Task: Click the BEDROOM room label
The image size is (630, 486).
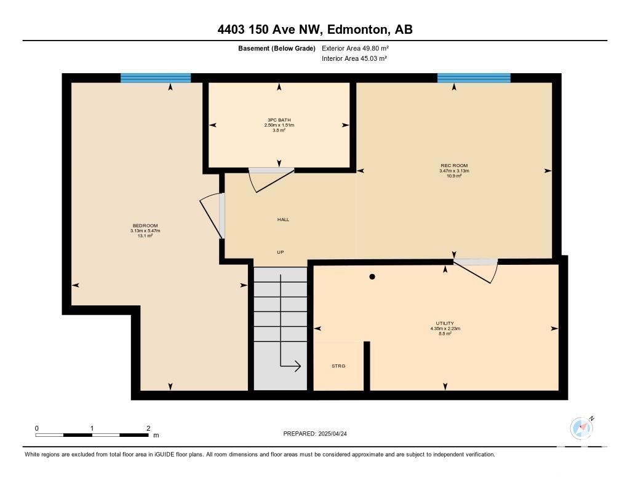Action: (145, 225)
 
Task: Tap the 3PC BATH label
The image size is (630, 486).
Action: (279, 120)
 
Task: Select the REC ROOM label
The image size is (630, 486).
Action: (454, 165)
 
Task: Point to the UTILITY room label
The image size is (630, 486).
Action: (445, 323)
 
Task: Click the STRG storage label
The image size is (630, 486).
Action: (338, 366)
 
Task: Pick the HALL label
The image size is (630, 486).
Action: (283, 219)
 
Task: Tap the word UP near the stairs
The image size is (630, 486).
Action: (281, 252)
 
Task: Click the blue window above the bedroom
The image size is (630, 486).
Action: (156, 78)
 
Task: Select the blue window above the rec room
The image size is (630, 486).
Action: (474, 78)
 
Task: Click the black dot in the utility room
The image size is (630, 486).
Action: (372, 276)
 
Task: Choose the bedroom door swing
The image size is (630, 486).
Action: (210, 217)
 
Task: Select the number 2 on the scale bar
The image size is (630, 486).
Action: (148, 428)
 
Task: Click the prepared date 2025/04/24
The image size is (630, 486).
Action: (332, 434)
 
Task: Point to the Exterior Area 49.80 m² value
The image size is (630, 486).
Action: (355, 49)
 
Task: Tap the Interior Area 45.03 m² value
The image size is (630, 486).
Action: (354, 58)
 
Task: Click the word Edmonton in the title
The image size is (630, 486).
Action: (358, 29)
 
